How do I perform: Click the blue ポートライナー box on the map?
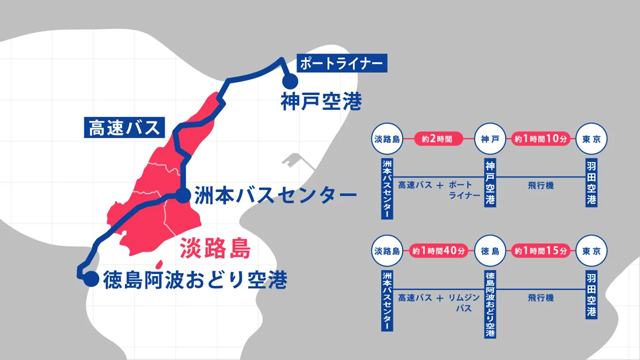point(340,63)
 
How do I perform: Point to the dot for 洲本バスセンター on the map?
point(183,195)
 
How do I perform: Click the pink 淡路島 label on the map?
point(215,249)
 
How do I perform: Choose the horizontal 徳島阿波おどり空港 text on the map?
point(195,278)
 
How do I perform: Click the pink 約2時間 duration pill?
point(437,140)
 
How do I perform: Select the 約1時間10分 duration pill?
point(538,140)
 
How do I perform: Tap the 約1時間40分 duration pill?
point(437,250)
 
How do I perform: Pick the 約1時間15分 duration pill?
point(538,250)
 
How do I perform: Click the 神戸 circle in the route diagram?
point(490,140)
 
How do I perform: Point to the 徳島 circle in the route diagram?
point(490,250)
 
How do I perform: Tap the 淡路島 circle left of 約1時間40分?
point(387,250)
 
